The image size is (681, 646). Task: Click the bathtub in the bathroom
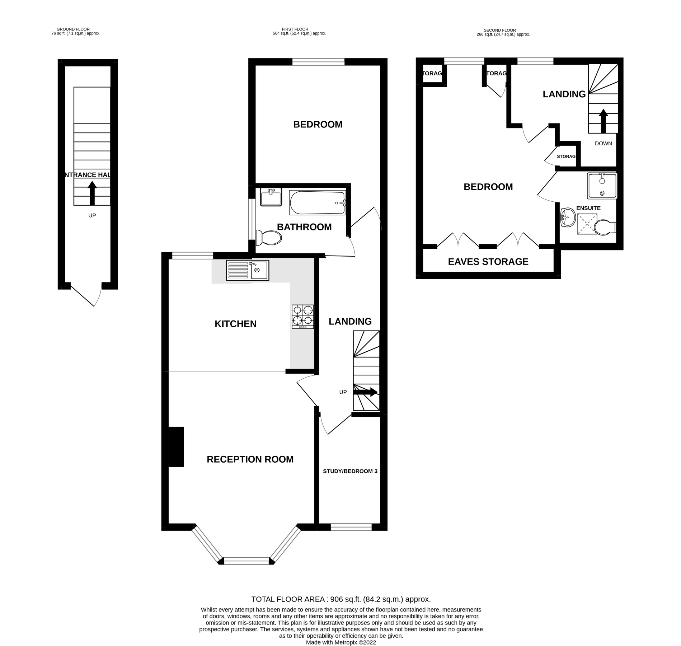[317, 203]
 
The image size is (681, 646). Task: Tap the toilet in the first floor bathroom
[269, 238]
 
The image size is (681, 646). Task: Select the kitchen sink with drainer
[247, 270]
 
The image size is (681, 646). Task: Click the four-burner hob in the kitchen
[302, 316]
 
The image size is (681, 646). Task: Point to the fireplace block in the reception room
[176, 446]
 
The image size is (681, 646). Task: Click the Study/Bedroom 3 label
[350, 471]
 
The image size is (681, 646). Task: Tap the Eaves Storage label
[488, 262]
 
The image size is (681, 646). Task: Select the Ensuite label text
[588, 208]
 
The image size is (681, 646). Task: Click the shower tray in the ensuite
[587, 224]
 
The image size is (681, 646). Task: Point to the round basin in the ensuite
[568, 217]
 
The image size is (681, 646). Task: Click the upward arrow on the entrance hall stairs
[92, 193]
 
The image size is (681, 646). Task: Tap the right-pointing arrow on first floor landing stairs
[365, 392]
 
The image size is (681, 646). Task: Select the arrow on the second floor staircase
[603, 121]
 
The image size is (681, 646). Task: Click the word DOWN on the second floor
[603, 144]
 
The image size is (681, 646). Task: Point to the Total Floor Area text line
[340, 599]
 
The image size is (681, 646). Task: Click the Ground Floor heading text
[73, 29]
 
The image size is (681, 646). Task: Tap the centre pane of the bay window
[246, 561]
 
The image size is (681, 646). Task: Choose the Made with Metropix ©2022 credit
[340, 642]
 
